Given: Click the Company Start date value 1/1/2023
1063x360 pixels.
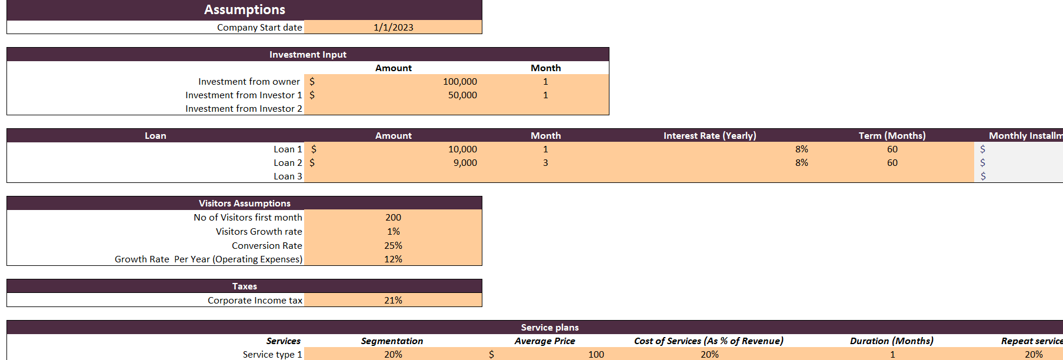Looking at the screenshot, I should pyautogui.click(x=393, y=27).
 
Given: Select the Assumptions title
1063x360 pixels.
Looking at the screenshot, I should pyautogui.click(x=244, y=9).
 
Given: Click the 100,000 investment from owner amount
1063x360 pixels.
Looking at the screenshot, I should pyautogui.click(x=459, y=82).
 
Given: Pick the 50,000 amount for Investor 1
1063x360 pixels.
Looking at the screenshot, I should pyautogui.click(x=462, y=95).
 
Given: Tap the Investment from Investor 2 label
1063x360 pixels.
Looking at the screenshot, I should pyautogui.click(x=244, y=109).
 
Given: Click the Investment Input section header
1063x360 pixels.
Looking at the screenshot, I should pyautogui.click(x=308, y=55).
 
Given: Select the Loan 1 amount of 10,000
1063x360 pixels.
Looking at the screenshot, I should pyautogui.click(x=462, y=149).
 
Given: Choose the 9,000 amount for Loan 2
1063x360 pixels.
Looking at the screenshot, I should pyautogui.click(x=465, y=163).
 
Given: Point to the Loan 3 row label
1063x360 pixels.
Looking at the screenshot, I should pyautogui.click(x=288, y=176).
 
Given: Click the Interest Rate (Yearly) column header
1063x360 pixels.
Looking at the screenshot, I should pyautogui.click(x=709, y=136).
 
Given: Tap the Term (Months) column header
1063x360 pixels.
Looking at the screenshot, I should pyautogui.click(x=892, y=136).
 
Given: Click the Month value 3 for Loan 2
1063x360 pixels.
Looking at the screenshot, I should pyautogui.click(x=545, y=163).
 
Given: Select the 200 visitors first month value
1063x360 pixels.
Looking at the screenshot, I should pyautogui.click(x=393, y=218).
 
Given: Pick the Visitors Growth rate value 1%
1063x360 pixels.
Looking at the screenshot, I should pyautogui.click(x=393, y=232).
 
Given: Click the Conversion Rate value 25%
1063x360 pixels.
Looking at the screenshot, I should pyautogui.click(x=393, y=246).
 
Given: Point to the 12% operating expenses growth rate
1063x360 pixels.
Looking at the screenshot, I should pyautogui.click(x=393, y=259).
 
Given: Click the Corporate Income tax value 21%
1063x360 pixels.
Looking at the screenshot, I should pyautogui.click(x=393, y=301).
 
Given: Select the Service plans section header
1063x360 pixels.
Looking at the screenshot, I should pyautogui.click(x=549, y=328).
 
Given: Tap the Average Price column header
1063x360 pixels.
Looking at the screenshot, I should pyautogui.click(x=545, y=341).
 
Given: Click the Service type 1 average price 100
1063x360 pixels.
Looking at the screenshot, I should pyautogui.click(x=596, y=355).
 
